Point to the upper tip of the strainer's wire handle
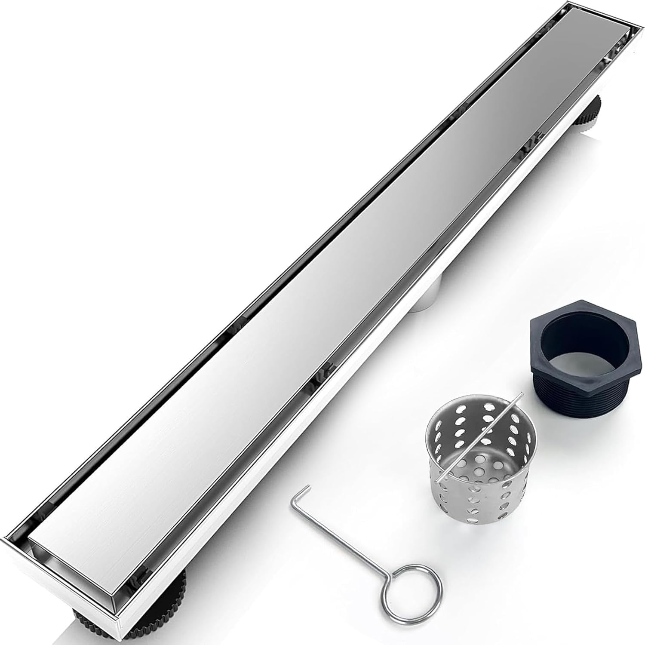[521, 393]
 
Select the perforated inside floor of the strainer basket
[473, 473]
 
